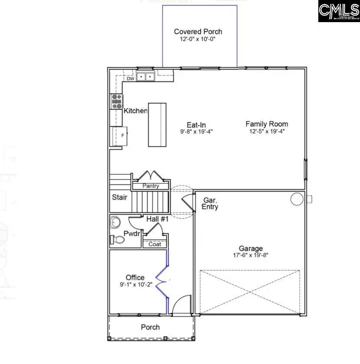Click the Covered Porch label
click(198, 32)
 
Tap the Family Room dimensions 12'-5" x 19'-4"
click(267, 131)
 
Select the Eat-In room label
click(197, 124)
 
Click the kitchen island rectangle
click(157, 125)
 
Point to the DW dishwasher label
click(130, 79)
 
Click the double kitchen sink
click(146, 77)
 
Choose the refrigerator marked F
click(119, 136)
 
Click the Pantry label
click(150, 186)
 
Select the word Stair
click(120, 197)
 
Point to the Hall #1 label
click(157, 220)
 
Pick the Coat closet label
click(155, 244)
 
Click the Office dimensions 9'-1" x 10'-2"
click(135, 285)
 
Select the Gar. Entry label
click(210, 203)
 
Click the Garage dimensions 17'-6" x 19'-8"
click(251, 255)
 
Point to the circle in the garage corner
click(297, 199)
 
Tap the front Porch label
click(150, 327)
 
